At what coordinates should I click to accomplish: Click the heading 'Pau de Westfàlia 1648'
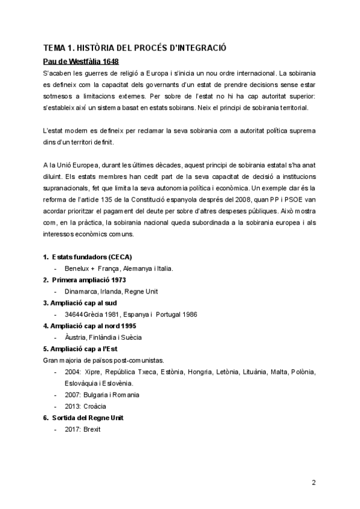[x=80, y=61]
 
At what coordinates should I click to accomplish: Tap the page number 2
[x=314, y=481]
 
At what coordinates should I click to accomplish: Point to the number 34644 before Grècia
[x=73, y=314]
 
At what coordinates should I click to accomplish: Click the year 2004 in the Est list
[x=72, y=372]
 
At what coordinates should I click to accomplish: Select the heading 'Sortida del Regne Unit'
[x=88, y=417]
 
